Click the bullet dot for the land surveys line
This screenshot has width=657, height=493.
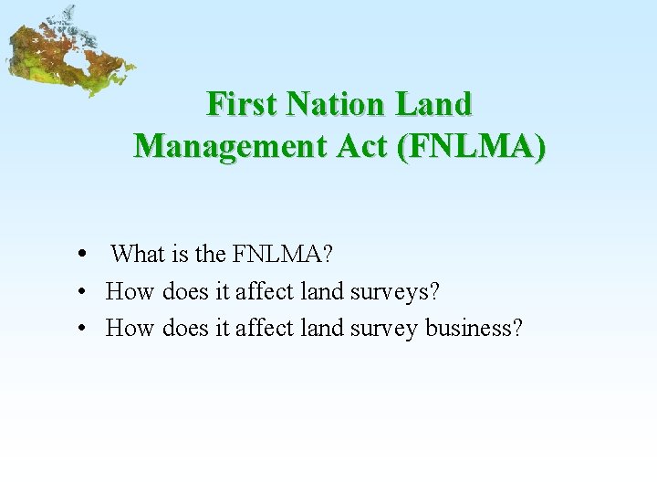82,292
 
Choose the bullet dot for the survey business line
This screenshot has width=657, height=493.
82,328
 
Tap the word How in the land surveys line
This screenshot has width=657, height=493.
130,291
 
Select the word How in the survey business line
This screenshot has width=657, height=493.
130,327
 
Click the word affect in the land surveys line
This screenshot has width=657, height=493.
265,291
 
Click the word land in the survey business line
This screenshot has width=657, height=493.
321,327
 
